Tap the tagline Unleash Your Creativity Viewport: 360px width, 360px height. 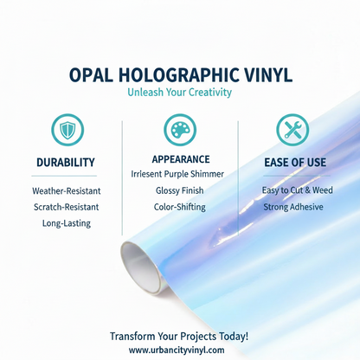[180, 92]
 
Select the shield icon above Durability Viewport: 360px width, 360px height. [66, 131]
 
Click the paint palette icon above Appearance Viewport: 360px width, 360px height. [179, 130]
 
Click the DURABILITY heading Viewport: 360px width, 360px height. [66, 163]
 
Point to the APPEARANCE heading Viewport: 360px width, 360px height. [179, 159]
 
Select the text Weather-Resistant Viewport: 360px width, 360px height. [66, 190]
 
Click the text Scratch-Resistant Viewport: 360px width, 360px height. [66, 207]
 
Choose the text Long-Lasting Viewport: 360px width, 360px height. [66, 223]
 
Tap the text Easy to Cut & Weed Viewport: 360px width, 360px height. [292, 190]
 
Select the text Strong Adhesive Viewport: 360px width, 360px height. [292, 207]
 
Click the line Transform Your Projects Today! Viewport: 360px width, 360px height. [179, 335]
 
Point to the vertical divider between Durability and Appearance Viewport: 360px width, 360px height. [123, 173]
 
